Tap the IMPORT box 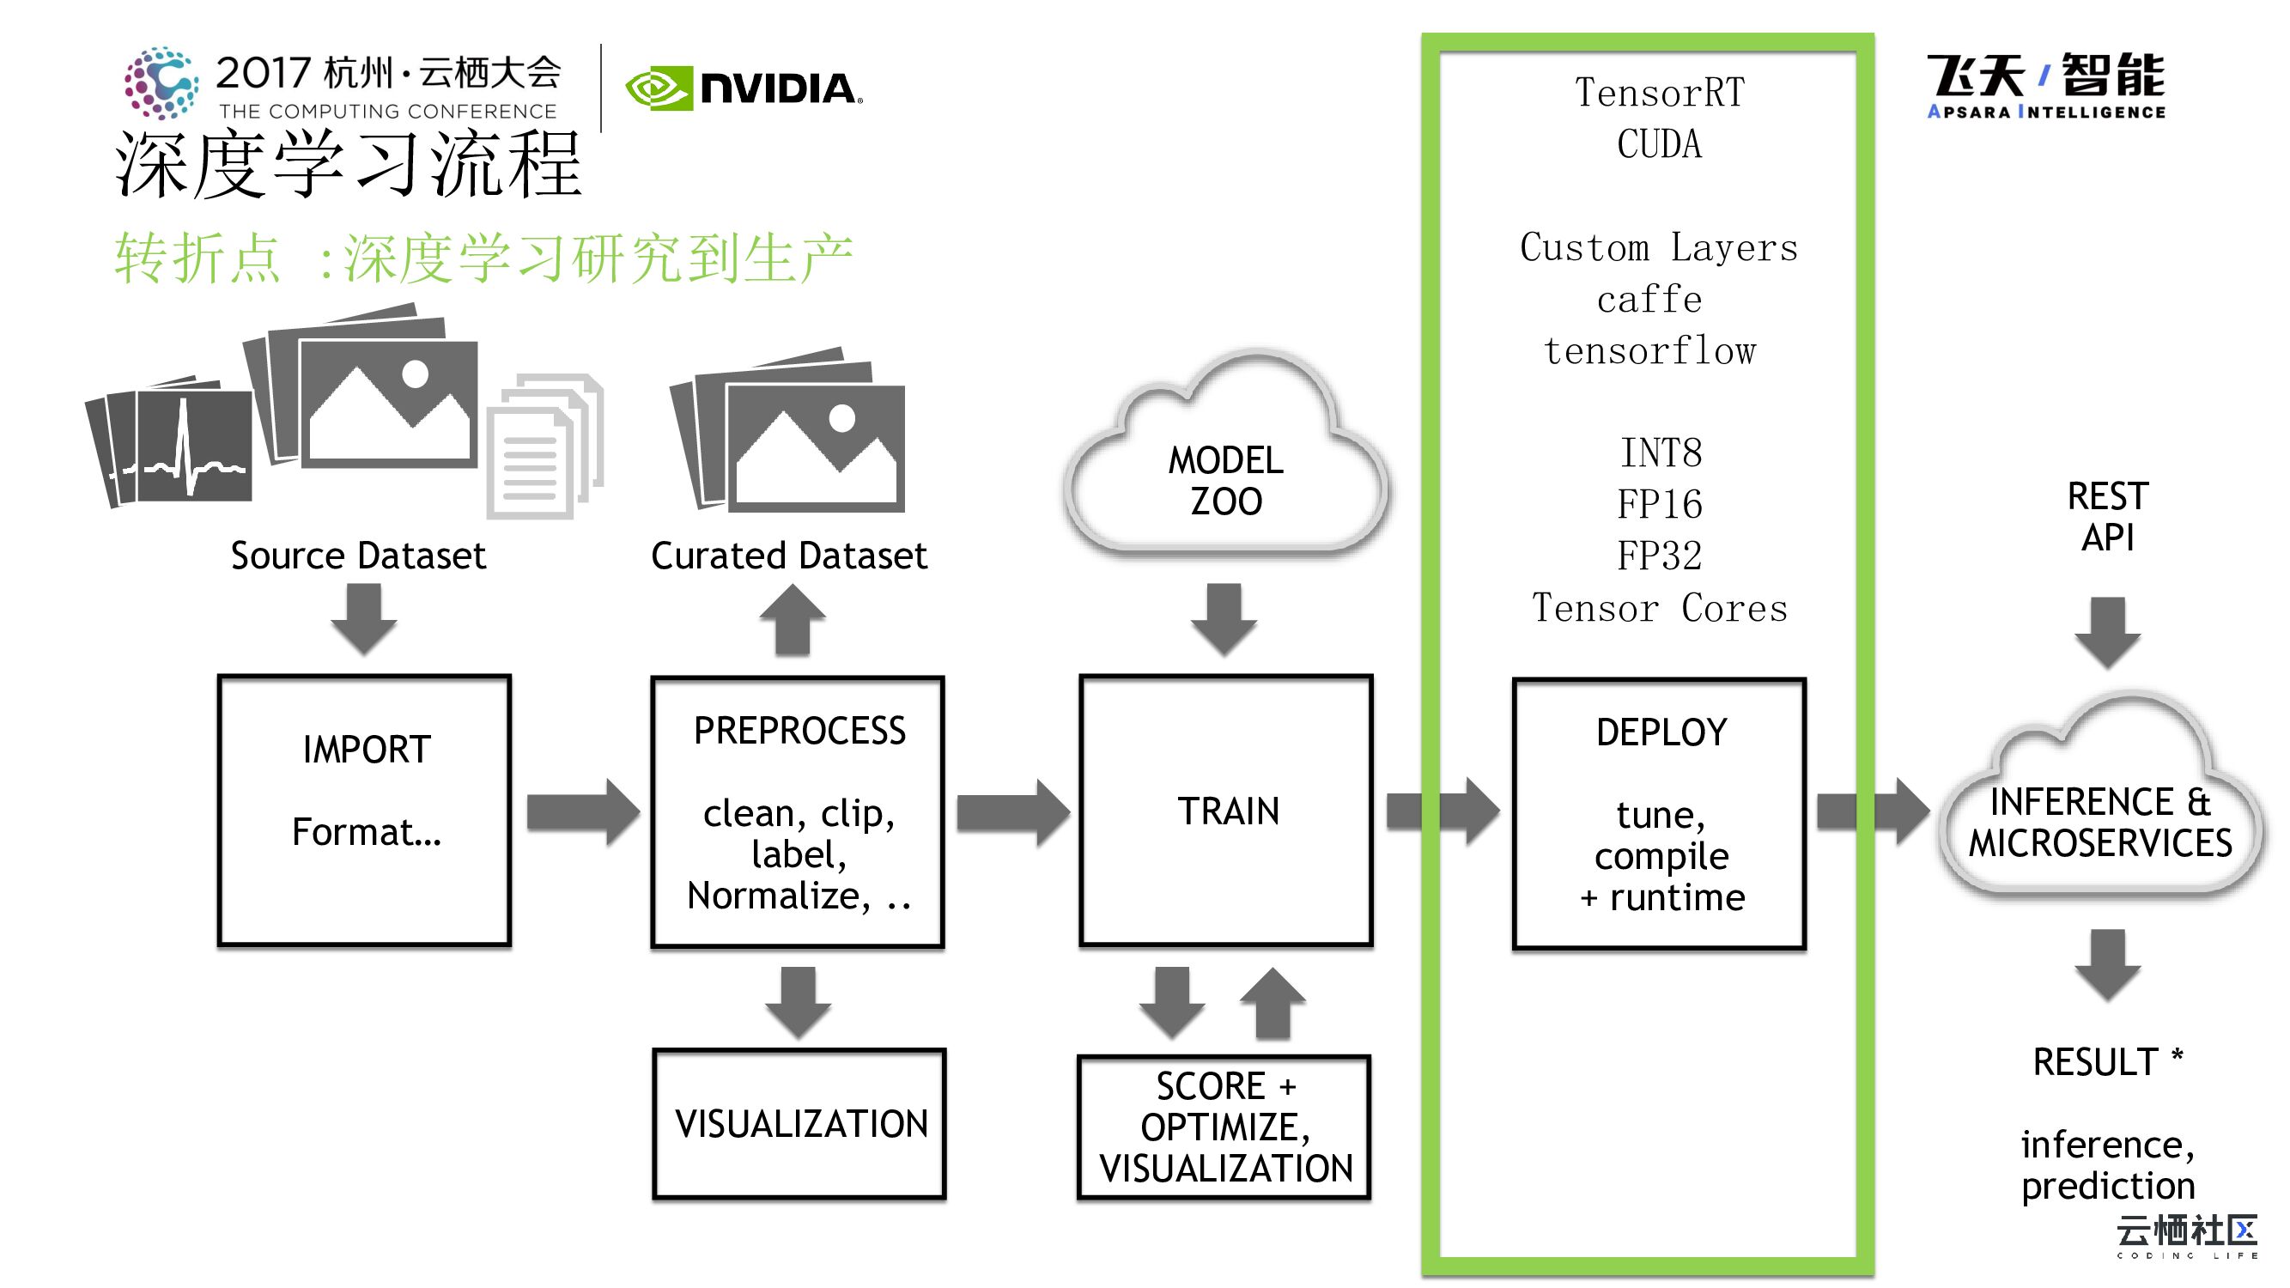(364, 810)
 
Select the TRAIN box (1226, 810)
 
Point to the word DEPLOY (1661, 732)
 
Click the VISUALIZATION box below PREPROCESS (799, 1123)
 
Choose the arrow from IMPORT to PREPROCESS (582, 811)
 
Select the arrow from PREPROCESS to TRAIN (1012, 811)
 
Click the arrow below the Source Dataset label (363, 617)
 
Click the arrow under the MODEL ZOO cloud (1224, 618)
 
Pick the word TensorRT (1659, 93)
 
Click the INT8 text (1660, 453)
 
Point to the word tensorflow (1650, 351)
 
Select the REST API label (2107, 516)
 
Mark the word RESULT (2094, 1061)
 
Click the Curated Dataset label (788, 556)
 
